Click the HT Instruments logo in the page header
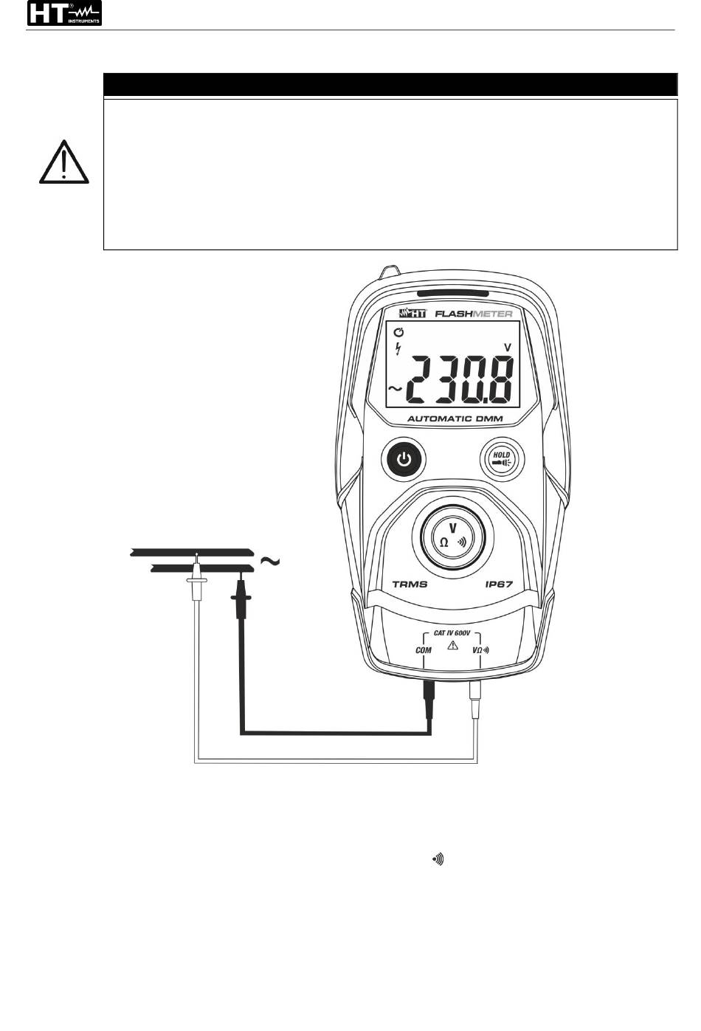coord(64,13)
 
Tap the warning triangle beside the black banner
coord(63,162)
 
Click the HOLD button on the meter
coord(503,459)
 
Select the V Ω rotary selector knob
coord(452,537)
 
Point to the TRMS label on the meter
coord(410,585)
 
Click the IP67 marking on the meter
coord(500,585)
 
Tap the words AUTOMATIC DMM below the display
coord(455,419)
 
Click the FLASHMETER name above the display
coord(474,314)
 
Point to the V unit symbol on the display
coord(508,348)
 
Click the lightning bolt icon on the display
coord(398,349)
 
